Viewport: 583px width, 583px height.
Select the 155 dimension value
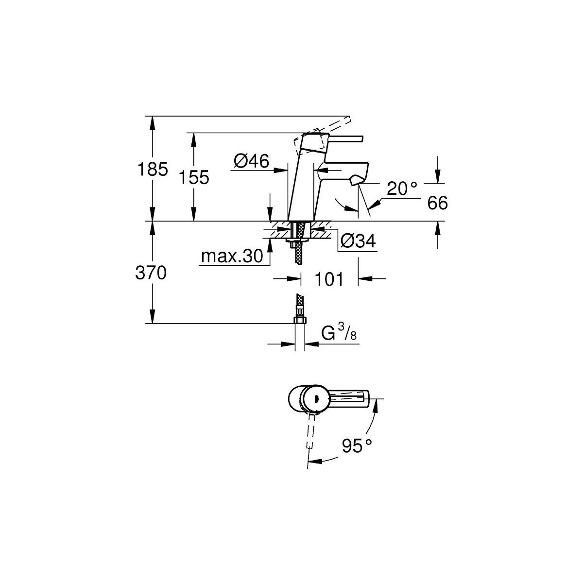pos(194,177)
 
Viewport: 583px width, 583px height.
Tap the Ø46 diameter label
pos(251,161)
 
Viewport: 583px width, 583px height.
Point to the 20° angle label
pos(402,189)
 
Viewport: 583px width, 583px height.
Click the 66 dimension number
pos(437,203)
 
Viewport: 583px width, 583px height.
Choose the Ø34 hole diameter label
pos(358,241)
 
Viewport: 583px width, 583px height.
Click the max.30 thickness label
pos(232,256)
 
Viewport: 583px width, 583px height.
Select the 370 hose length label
pos(151,273)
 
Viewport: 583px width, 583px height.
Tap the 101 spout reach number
pos(329,279)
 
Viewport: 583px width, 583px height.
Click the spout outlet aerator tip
pos(356,182)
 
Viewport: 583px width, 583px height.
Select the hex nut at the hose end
pos(300,320)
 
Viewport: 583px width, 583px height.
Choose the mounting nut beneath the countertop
pos(296,240)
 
